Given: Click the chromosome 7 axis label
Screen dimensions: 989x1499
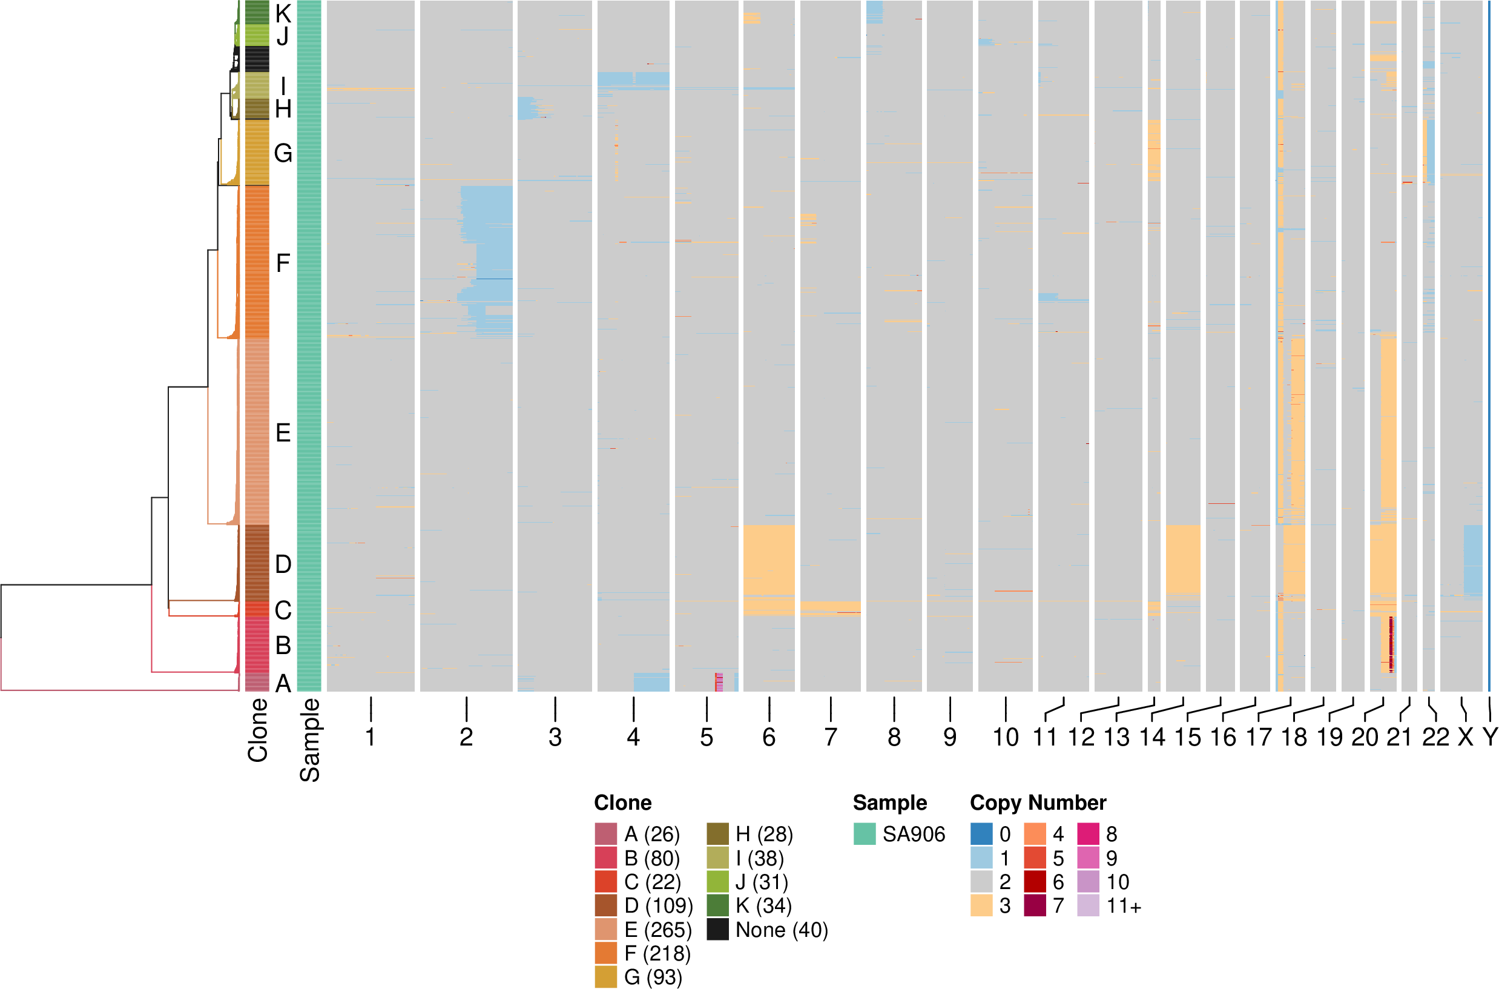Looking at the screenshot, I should pyautogui.click(x=831, y=736).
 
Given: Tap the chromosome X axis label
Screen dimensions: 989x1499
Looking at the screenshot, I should pyautogui.click(x=1466, y=736).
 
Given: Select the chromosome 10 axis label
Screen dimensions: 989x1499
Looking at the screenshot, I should pyautogui.click(x=1006, y=736).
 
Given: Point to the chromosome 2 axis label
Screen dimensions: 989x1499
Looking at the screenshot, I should pyautogui.click(x=466, y=736).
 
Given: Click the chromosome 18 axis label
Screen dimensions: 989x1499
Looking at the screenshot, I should pyautogui.click(x=1294, y=736).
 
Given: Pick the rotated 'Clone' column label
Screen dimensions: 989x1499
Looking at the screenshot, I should pyautogui.click(x=258, y=730).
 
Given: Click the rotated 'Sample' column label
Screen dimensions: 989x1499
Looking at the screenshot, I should pyautogui.click(x=309, y=740).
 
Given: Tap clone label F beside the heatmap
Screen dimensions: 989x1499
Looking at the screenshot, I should pyautogui.click(x=283, y=262).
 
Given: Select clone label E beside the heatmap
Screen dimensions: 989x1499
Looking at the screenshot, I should pyautogui.click(x=283, y=432).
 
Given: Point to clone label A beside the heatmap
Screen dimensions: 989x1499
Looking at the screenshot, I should pyautogui.click(x=283, y=683).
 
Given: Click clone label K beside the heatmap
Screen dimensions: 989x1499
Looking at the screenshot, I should pyautogui.click(x=283, y=13).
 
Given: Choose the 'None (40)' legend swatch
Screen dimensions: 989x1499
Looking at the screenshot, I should pyautogui.click(x=717, y=930).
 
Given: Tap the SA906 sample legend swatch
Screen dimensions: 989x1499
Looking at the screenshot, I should pyautogui.click(x=865, y=834).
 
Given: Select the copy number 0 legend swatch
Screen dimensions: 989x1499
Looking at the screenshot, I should pyautogui.click(x=981, y=834).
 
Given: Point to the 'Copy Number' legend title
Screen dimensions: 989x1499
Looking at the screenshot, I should pyautogui.click(x=1038, y=802).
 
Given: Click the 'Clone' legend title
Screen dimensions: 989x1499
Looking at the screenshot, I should pyautogui.click(x=622, y=802).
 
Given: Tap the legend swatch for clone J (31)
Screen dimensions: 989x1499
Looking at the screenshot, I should pyautogui.click(x=717, y=882).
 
